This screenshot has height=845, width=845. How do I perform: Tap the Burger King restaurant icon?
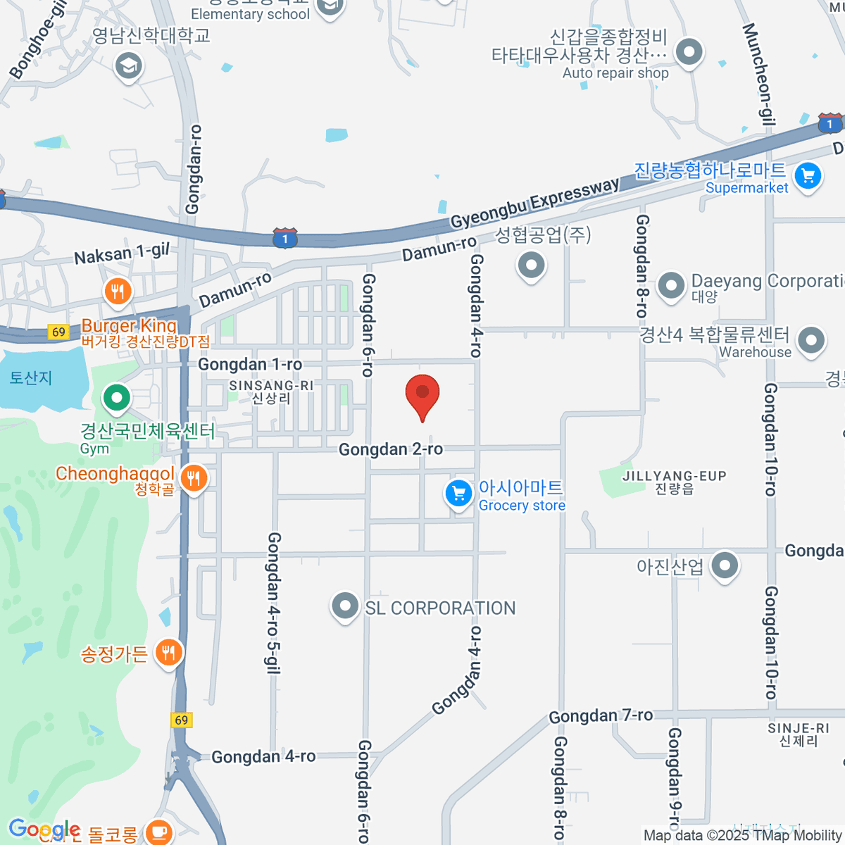[118, 291]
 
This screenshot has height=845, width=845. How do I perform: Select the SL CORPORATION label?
[440, 608]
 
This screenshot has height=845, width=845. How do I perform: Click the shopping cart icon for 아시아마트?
[458, 494]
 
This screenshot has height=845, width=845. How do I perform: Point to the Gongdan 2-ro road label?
[391, 449]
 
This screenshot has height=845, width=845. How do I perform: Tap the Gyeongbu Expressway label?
[534, 204]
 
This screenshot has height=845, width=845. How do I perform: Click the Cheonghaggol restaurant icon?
[193, 479]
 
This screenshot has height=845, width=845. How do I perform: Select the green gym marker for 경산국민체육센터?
[117, 398]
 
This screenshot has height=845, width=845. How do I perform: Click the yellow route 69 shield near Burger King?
[58, 332]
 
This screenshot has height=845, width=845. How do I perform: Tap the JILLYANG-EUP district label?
[674, 477]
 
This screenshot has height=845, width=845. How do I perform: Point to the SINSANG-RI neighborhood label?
[271, 386]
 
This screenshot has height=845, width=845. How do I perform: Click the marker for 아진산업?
[725, 565]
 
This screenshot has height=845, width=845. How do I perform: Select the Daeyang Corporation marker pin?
[670, 286]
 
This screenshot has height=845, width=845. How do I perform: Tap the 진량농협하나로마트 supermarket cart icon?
[808, 176]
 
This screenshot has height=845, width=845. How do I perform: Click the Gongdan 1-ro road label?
[250, 364]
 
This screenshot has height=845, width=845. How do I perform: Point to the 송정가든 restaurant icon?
[168, 653]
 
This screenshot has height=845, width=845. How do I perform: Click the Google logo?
[44, 830]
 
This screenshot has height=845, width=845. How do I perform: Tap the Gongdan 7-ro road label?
[601, 716]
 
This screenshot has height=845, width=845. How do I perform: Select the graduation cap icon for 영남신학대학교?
[128, 67]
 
